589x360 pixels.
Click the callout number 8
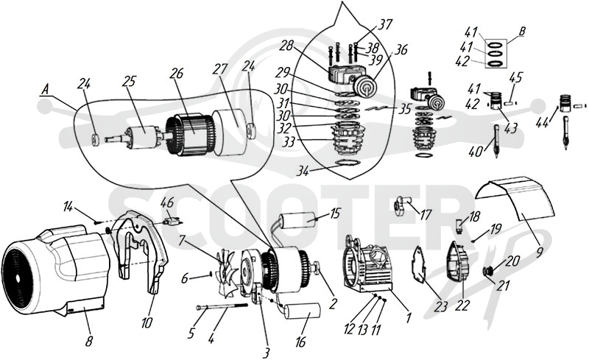[89, 341]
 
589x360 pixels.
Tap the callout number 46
[167, 203]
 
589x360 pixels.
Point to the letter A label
[46, 90]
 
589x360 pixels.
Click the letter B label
[522, 32]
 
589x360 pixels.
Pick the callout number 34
[303, 172]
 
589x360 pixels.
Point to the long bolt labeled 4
[222, 307]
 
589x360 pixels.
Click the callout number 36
[401, 49]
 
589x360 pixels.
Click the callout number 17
[426, 214]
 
